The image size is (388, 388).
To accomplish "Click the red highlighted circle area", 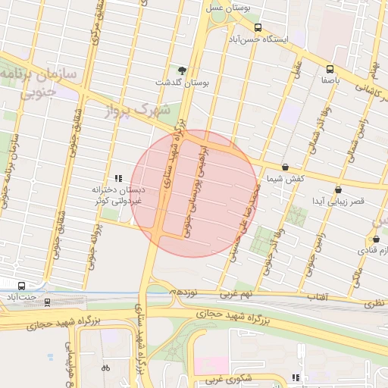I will (194, 194).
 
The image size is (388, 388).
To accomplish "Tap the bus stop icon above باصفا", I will (329, 67).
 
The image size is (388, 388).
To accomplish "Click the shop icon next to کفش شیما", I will (285, 167).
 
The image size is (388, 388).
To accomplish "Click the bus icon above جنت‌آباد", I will (20, 286).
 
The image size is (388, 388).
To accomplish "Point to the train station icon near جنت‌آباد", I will (48, 302).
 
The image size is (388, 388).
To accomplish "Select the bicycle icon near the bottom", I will (105, 368).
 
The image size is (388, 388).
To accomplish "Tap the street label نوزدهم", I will (183, 291).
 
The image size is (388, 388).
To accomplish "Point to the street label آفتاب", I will (315, 296).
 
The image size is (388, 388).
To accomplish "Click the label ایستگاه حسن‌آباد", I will (261, 38).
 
